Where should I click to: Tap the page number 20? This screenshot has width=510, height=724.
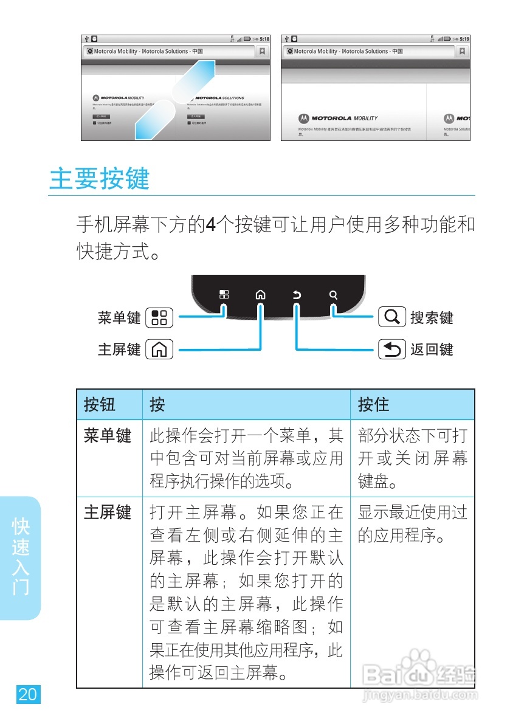click(x=27, y=694)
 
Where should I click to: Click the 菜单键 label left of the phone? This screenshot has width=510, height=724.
click(x=119, y=317)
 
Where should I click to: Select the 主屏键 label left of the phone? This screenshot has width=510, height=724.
click(x=119, y=350)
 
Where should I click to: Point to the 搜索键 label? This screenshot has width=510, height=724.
click(x=432, y=317)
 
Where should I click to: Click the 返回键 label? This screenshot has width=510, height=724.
click(x=432, y=350)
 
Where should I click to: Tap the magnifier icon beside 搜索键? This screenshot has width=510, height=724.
click(x=392, y=317)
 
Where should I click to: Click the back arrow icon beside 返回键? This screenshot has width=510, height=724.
click(x=392, y=350)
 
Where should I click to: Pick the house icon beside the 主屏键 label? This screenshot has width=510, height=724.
click(x=160, y=350)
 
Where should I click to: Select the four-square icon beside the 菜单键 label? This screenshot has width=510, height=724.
click(x=160, y=317)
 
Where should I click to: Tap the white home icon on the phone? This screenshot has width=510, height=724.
click(x=260, y=295)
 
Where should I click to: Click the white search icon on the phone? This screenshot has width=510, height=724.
click(x=333, y=295)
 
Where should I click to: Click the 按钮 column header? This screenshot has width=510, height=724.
click(x=100, y=404)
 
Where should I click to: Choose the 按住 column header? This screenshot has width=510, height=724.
click(x=373, y=404)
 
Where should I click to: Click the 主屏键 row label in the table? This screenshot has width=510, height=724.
click(x=107, y=512)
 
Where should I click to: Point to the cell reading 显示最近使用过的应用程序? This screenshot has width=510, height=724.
click(x=412, y=524)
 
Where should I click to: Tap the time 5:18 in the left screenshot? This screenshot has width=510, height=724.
click(x=264, y=39)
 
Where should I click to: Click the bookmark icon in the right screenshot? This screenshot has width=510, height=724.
click(x=463, y=52)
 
